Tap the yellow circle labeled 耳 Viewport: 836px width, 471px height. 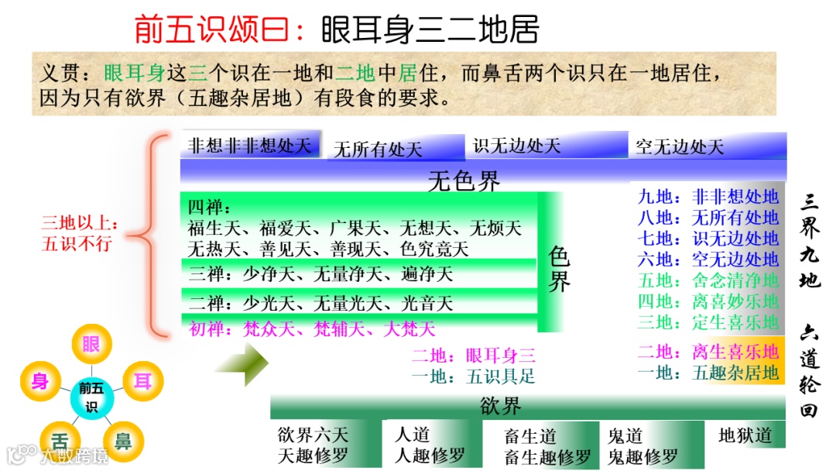point(142,381)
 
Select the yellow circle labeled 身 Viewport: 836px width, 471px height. point(40,381)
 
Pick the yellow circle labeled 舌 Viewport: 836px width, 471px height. point(60,440)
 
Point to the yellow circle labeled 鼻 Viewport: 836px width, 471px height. point(122,440)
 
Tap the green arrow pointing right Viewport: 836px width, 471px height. point(242,363)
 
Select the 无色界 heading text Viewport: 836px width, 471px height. point(464,181)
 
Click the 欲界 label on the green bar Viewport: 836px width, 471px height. point(500,406)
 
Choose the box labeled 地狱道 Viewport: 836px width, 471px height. point(745,436)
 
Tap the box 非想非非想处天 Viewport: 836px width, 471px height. point(249,145)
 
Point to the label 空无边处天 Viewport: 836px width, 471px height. point(679,147)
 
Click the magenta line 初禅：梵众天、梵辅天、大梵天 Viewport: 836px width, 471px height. point(311,328)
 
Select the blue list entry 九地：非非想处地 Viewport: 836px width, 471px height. point(708,197)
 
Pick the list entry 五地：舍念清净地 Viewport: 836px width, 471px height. point(708,280)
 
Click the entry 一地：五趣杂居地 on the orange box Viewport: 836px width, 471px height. point(708,373)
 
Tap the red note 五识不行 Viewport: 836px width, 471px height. point(77,243)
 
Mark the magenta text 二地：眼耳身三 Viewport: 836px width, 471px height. point(473,356)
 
